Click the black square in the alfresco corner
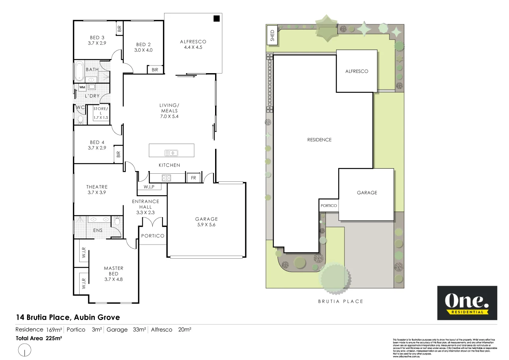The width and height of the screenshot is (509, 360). (217, 18)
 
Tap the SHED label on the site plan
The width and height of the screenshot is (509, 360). (272, 35)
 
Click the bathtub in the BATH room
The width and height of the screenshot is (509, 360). (79, 71)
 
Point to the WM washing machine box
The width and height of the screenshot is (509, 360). (82, 87)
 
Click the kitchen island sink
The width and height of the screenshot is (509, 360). (171, 153)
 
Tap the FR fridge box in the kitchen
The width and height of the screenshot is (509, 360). (193, 178)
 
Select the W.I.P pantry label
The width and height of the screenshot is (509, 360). (149, 187)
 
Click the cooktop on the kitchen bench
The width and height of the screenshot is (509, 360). (166, 178)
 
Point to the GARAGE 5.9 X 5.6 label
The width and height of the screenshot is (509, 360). (206, 222)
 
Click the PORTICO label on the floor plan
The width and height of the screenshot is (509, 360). (153, 236)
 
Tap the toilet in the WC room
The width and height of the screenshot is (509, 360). (80, 120)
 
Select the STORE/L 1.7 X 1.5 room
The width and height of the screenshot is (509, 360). (101, 113)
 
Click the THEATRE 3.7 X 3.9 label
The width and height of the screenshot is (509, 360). (97, 190)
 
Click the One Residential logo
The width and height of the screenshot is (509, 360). (467, 303)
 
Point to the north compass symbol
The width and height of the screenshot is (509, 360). (25, 350)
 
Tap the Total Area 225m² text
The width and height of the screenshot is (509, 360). (39, 338)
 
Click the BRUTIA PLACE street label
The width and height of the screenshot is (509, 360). (341, 301)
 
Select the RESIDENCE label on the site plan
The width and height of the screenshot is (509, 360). (319, 140)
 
